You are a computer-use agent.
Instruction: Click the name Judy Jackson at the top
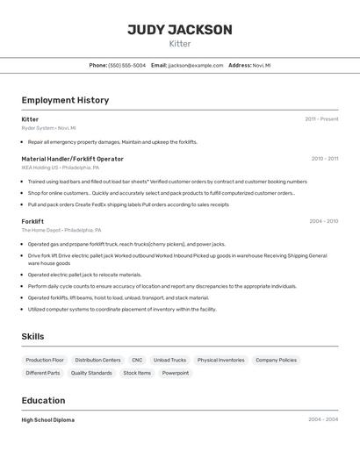[180, 30]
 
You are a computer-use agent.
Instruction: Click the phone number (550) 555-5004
[127, 65]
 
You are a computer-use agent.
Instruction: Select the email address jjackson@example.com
[196, 65]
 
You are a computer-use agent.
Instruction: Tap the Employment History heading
[65, 100]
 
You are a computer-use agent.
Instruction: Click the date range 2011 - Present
[321, 119]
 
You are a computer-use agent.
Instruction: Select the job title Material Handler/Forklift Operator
[72, 159]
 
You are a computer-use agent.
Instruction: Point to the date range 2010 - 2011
[324, 159]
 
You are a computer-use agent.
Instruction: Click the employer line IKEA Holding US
[60, 168]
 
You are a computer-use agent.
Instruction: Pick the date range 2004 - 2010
[323, 221]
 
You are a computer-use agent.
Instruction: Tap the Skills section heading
[32, 336]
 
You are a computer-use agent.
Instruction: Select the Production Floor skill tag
[45, 360]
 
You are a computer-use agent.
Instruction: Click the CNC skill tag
[137, 360]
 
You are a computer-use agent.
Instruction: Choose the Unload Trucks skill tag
[169, 360]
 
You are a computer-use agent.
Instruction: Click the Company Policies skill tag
[276, 360]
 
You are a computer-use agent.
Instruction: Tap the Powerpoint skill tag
[176, 373]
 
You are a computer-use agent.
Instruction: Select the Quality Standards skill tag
[91, 373]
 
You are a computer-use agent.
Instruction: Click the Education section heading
[43, 400]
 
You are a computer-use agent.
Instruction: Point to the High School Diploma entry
[48, 420]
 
